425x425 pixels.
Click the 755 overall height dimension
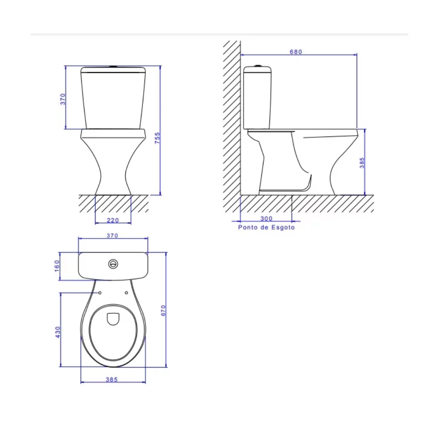(x=157, y=139)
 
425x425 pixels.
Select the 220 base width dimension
(x=113, y=220)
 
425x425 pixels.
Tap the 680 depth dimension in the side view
(x=296, y=52)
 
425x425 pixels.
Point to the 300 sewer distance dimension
(x=266, y=218)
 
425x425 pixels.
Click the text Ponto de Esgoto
(x=266, y=227)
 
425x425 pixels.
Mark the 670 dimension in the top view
(x=162, y=310)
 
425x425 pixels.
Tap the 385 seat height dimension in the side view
(x=362, y=163)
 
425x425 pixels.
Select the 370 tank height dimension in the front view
(x=62, y=99)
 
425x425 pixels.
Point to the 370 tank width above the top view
(x=112, y=235)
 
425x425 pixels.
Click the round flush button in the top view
(x=113, y=264)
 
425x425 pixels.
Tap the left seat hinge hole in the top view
(x=100, y=292)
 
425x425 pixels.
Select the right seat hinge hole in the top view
(x=127, y=292)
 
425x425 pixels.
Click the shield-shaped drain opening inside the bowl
(x=113, y=319)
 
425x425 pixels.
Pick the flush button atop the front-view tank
(x=113, y=66)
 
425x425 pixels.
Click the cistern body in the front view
(x=113, y=100)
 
